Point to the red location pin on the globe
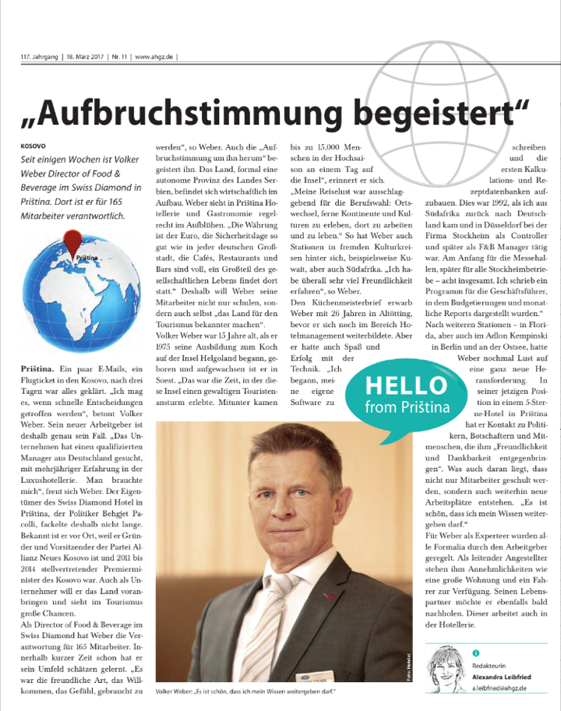[73, 238]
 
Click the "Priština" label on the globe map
[88, 255]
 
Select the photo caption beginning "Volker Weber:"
[245, 692]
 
